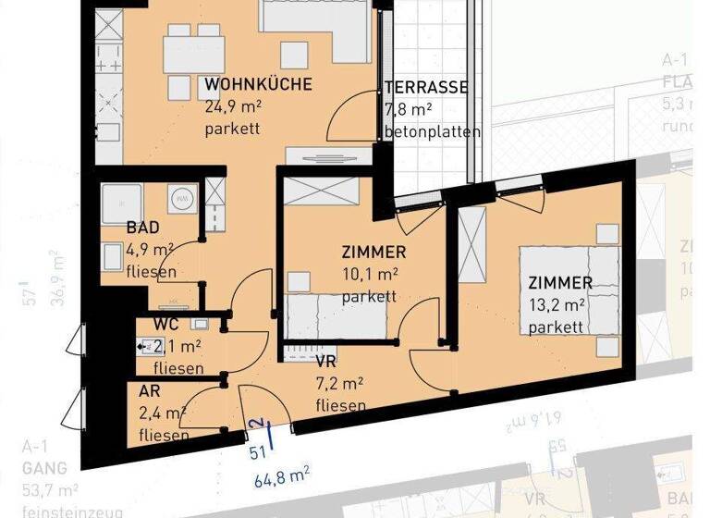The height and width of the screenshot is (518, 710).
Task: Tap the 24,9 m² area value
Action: click(233, 106)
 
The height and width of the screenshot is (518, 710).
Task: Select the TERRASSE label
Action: click(426, 89)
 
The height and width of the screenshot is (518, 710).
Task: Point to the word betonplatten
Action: click(432, 131)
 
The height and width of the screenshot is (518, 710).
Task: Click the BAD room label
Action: click(143, 228)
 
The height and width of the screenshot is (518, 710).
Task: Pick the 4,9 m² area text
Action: click(150, 250)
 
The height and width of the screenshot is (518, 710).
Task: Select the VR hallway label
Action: click(325, 363)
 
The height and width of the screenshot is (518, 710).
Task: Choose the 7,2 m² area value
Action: click(339, 384)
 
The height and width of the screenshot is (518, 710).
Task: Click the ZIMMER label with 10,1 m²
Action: click(373, 253)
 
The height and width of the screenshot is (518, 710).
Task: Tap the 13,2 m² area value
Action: click(559, 304)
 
